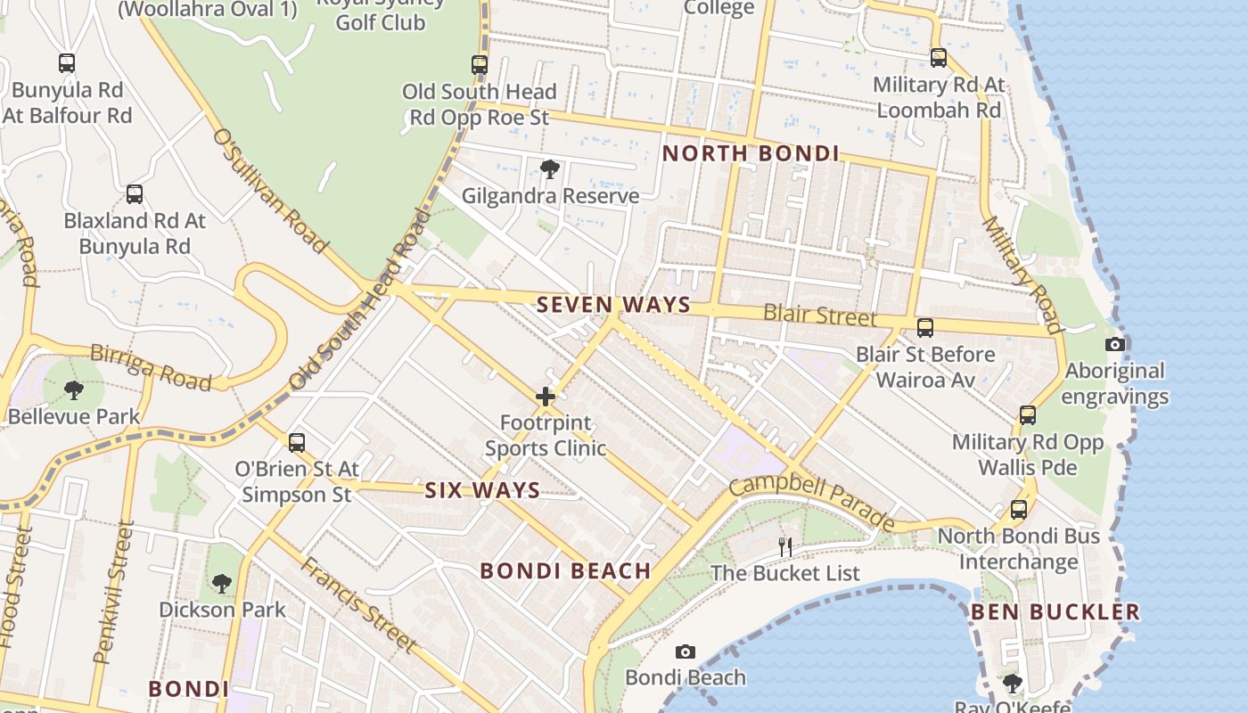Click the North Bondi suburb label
pos(751,153)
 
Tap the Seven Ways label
pos(613,305)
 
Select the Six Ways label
pos(482,490)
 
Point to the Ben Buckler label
pos(1055,612)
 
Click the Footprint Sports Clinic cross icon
pos(546,397)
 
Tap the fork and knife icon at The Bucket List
pos(785,546)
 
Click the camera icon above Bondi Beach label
pos(685,652)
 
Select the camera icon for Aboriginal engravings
pos(1114,345)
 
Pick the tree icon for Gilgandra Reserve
pos(550,169)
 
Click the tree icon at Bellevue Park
pos(74,389)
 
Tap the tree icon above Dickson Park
pos(221,584)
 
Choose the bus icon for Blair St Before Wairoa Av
pos(925,328)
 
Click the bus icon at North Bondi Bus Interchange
pos(1018,510)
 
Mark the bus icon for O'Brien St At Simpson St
pos(296,442)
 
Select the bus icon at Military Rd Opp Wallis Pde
pos(1027,415)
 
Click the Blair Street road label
pos(820,316)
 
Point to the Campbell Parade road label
pos(811,501)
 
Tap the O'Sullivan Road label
pos(270,190)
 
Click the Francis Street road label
pos(358,603)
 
